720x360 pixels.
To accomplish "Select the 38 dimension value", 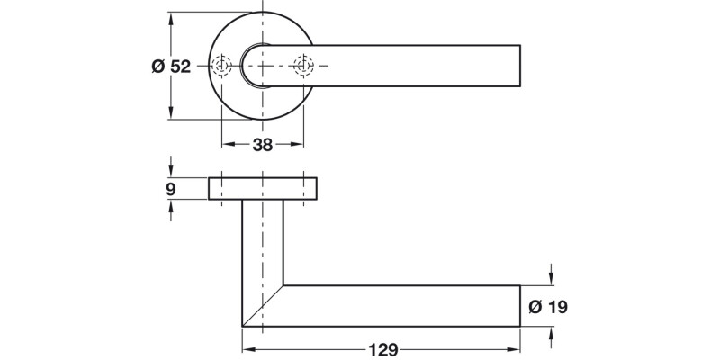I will pyautogui.click(x=262, y=144).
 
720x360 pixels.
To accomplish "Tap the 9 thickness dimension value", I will pyautogui.click(x=171, y=189).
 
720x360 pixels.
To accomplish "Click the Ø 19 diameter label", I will pyautogui.click(x=549, y=307).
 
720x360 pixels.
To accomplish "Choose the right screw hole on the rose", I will pyautogui.click(x=303, y=66).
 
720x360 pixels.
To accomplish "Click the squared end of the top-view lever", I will pyautogui.click(x=518, y=66).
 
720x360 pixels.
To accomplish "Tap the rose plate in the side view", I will pyautogui.click(x=263, y=189).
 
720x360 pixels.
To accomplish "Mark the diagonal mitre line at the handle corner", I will pyautogui.click(x=263, y=306).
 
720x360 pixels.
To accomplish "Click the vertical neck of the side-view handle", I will pyautogui.click(x=263, y=243).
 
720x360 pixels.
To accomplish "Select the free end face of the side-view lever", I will pyautogui.click(x=520, y=306).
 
